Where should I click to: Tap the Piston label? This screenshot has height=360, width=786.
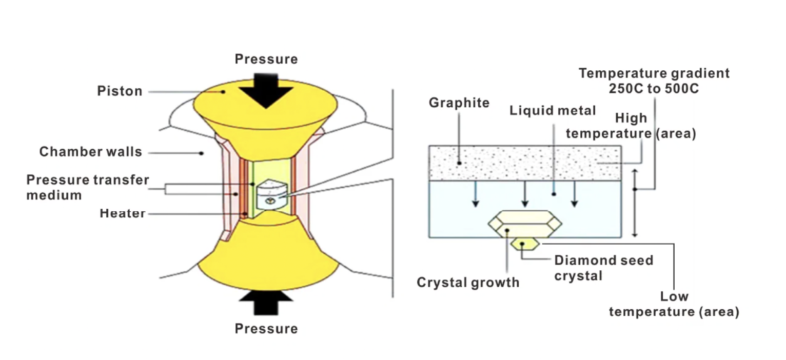click(x=120, y=91)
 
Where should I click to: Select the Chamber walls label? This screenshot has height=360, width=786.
click(x=90, y=152)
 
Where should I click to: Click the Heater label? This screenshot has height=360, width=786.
click(x=122, y=213)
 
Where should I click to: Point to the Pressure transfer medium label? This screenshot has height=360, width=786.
click(x=87, y=187)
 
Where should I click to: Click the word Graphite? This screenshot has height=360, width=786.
click(x=459, y=103)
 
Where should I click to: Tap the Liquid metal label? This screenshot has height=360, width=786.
click(x=553, y=110)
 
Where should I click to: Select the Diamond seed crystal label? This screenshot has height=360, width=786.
click(x=603, y=268)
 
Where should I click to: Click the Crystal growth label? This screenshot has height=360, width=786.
click(x=467, y=282)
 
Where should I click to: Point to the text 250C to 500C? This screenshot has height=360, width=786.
click(x=654, y=88)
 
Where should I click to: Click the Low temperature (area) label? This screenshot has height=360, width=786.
click(x=674, y=304)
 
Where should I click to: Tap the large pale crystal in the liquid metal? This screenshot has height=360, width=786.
click(x=524, y=224)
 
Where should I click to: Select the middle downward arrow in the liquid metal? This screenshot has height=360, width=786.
click(x=524, y=194)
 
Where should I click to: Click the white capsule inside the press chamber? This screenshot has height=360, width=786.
click(x=271, y=194)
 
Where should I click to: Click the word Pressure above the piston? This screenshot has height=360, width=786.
click(x=266, y=59)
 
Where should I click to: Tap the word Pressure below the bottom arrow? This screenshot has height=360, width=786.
click(x=266, y=329)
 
